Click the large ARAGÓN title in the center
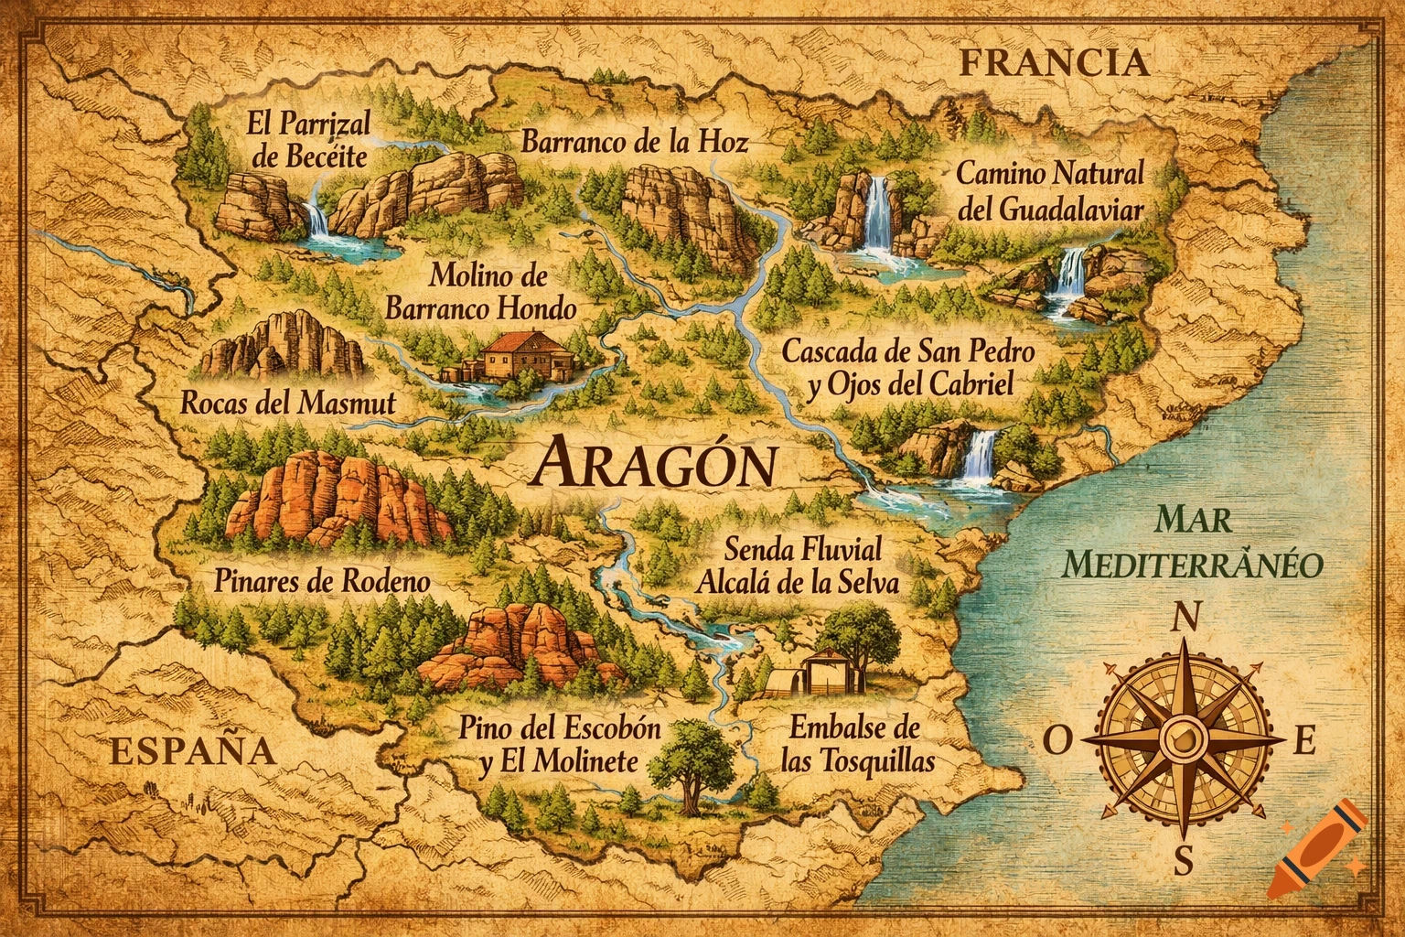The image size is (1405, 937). pos(653,464)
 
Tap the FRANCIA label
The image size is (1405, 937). pos(1053,63)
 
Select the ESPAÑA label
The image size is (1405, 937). pos(192,750)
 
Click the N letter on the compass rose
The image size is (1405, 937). pos(1185,619)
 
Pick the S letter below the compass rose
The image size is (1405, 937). pos(1184,860)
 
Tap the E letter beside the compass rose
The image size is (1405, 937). pos(1304,742)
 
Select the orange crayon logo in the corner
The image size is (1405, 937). pos(1318,848)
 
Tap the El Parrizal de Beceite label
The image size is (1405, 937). pos(309,139)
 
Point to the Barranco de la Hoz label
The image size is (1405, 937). pos(634,141)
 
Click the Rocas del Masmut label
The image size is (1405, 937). pos(288,403)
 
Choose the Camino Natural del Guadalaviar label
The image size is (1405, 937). pos(1049,190)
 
